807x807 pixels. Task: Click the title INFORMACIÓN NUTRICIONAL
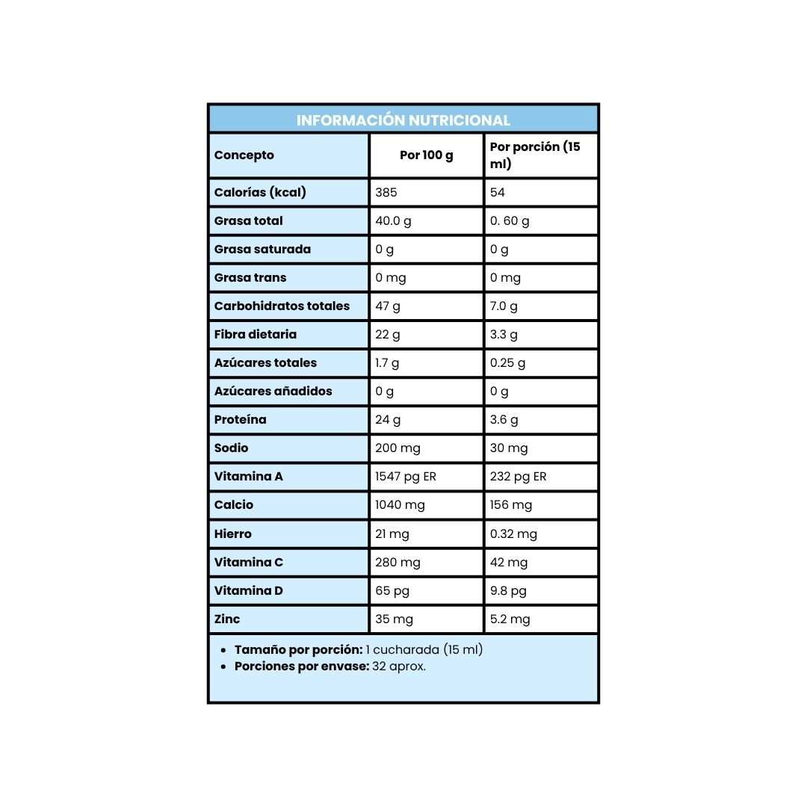[x=403, y=120]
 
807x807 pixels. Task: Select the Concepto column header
[x=244, y=155]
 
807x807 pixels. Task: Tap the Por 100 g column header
[x=427, y=155]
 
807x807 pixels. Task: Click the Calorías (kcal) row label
[x=260, y=192]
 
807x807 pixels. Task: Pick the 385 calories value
[x=386, y=192]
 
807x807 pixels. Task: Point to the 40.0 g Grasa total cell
[x=393, y=220]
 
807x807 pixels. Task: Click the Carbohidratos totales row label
[x=282, y=306]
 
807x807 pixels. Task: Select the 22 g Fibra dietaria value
[x=388, y=334]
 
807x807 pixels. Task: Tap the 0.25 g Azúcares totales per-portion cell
[x=508, y=362]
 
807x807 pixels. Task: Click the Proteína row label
[x=240, y=419]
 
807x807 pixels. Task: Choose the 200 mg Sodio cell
[x=398, y=448]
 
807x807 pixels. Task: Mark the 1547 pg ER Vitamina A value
[x=406, y=476]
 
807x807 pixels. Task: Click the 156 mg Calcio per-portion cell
[x=511, y=504]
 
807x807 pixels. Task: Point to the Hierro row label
[x=233, y=534]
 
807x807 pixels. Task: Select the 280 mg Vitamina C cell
[x=398, y=562]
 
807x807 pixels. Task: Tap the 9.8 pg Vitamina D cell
[x=508, y=590]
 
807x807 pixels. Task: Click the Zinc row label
[x=227, y=619]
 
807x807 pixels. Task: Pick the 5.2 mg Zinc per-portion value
[x=510, y=619]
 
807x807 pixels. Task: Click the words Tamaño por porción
[x=298, y=649]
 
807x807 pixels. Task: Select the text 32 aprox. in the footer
[x=399, y=666]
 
